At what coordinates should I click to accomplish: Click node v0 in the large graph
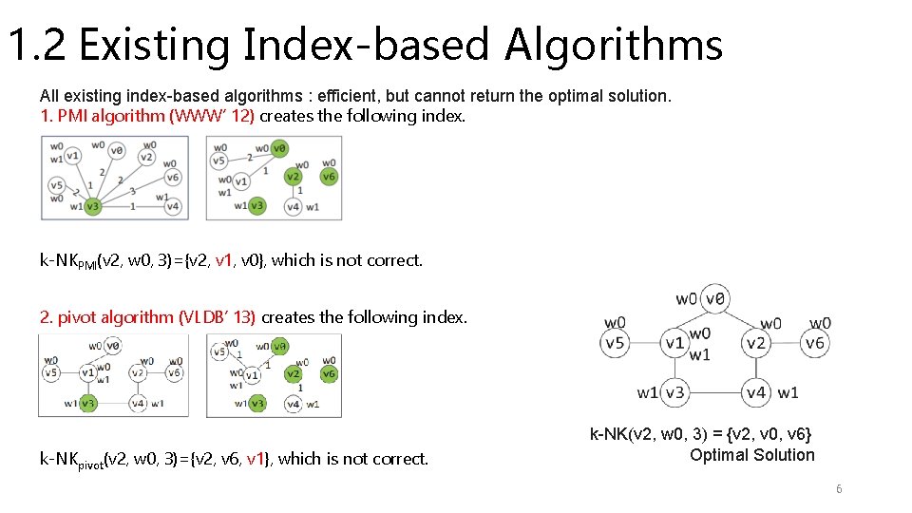tap(716, 298)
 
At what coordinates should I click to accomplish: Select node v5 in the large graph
tap(616, 343)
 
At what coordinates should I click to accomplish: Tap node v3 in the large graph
tap(674, 391)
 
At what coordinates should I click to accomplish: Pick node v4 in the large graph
tap(756, 391)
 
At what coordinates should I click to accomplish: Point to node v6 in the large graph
tap(814, 343)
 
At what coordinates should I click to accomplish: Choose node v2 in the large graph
tap(756, 343)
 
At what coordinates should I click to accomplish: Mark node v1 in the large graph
tap(674, 343)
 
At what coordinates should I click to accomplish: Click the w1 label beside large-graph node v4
tap(788, 392)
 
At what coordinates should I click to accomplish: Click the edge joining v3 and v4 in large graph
tap(715, 391)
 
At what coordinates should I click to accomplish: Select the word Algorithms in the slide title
tap(614, 45)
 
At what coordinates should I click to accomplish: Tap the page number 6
tap(839, 489)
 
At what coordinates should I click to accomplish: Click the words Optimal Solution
tap(751, 455)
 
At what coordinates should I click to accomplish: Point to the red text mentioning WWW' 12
tap(147, 116)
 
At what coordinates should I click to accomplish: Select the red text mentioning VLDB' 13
tap(148, 317)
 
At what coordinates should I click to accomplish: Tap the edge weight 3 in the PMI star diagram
tap(132, 190)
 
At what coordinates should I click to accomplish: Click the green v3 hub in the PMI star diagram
tap(92, 205)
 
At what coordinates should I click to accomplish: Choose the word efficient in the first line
tap(349, 96)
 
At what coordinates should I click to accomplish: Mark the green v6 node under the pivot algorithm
tap(329, 374)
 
